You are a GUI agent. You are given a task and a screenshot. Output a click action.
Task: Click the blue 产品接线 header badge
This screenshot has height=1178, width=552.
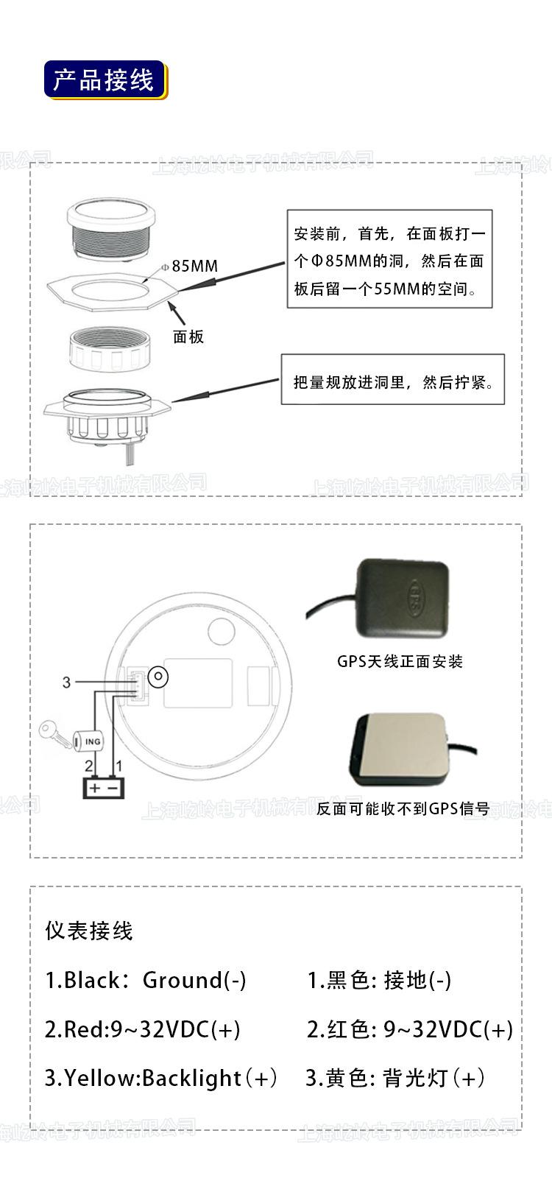105,80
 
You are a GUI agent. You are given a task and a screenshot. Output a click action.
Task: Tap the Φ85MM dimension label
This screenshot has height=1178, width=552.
191,266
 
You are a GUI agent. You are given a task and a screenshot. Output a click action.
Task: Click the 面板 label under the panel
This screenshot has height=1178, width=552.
188,336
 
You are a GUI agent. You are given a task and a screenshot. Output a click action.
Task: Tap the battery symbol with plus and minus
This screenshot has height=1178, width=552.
104,787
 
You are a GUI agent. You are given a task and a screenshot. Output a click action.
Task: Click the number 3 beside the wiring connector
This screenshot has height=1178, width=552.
66,683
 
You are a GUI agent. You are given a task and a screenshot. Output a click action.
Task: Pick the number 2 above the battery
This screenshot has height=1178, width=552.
89,766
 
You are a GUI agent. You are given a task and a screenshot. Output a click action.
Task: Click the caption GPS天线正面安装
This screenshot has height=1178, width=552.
400,661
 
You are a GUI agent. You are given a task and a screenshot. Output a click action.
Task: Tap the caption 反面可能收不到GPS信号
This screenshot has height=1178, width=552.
403,808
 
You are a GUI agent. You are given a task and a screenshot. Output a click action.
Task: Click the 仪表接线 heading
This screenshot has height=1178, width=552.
89,931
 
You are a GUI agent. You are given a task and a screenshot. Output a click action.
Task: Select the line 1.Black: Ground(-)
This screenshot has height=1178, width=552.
146,980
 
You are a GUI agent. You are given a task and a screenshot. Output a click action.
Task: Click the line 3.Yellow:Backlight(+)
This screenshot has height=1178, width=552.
160,1078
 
